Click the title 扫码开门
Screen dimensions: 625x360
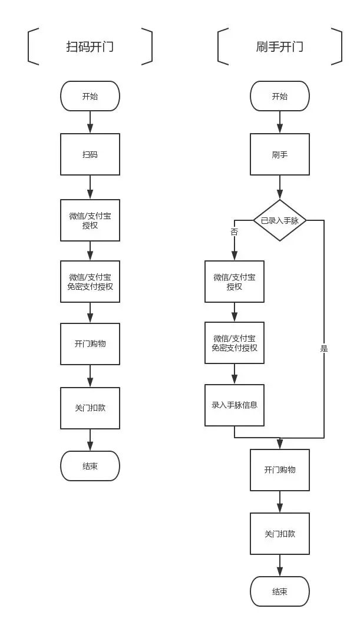click(x=90, y=47)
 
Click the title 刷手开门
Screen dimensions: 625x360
click(x=279, y=47)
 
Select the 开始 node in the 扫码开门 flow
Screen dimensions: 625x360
click(x=90, y=96)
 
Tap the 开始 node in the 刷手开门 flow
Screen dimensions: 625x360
click(x=279, y=96)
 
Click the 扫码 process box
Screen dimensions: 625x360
click(x=90, y=154)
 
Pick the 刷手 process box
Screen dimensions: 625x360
click(x=279, y=154)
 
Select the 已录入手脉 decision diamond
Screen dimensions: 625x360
click(x=279, y=220)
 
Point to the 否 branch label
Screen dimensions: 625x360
click(x=234, y=232)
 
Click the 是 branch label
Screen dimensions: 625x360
click(x=323, y=348)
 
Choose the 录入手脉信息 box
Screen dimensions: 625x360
click(x=234, y=405)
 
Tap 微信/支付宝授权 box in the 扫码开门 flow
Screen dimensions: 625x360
click(x=90, y=220)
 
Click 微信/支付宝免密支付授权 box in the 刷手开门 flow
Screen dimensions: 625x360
click(x=234, y=343)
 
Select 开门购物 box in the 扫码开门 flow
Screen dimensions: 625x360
click(x=90, y=343)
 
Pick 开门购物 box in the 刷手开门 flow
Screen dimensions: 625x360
click(x=279, y=470)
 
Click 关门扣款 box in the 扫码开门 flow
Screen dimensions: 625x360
click(x=90, y=408)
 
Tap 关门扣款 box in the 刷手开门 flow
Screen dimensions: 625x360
click(x=279, y=534)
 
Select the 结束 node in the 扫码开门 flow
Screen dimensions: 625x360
click(x=90, y=466)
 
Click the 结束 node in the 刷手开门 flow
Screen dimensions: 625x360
click(x=279, y=591)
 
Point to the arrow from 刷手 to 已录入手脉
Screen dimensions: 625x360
click(x=279, y=187)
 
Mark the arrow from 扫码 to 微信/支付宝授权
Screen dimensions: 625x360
click(x=90, y=187)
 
